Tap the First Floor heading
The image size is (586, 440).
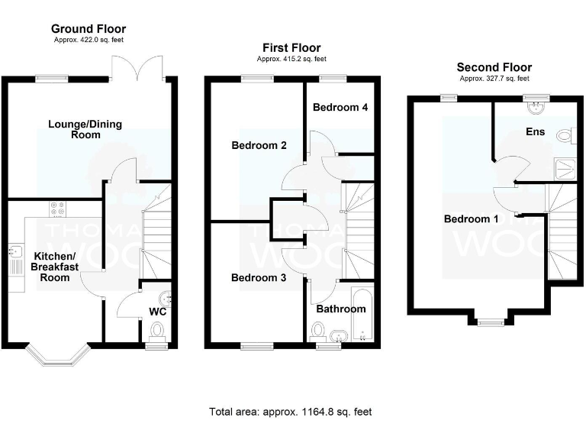tap(291, 48)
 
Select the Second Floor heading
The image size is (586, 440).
tap(494, 67)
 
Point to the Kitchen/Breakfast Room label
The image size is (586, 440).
tap(53, 266)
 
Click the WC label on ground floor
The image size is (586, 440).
tap(157, 312)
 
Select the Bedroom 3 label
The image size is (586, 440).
tap(259, 278)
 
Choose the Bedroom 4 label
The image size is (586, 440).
tap(340, 107)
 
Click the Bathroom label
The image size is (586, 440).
tap(341, 309)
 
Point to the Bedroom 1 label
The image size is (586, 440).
tap(471, 219)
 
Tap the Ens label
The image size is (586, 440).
tap(536, 132)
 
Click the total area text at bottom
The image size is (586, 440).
tap(291, 412)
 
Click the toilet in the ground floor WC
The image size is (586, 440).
tap(157, 331)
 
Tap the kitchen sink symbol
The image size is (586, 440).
tap(16, 260)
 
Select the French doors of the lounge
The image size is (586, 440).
tap(137, 67)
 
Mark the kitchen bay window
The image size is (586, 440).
tap(57, 354)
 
